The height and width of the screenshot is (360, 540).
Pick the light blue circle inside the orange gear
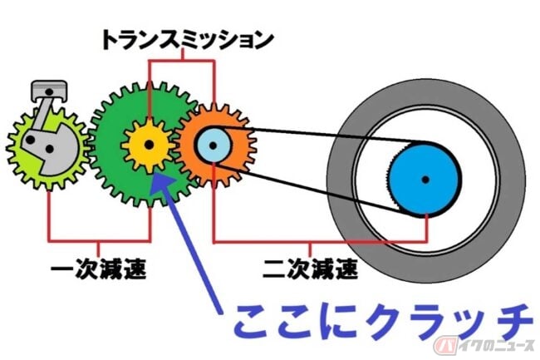click(213, 146)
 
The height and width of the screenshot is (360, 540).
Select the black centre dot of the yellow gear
click(149, 145)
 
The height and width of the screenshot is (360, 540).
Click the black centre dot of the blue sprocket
click(425, 179)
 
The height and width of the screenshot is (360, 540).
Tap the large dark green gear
click(116, 175)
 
